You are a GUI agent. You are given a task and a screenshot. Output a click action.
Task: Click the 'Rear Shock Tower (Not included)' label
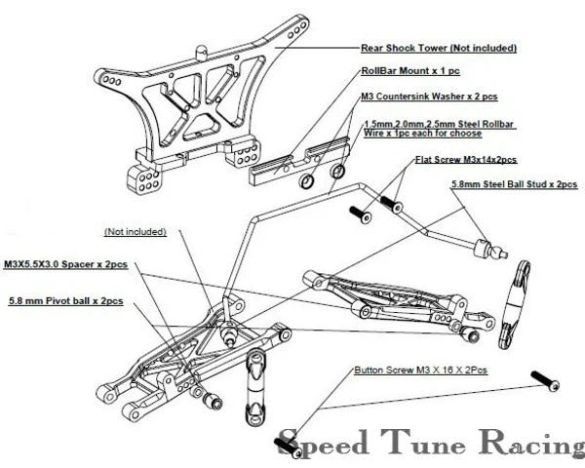[439, 48]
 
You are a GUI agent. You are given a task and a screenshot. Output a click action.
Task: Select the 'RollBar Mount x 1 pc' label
[410, 71]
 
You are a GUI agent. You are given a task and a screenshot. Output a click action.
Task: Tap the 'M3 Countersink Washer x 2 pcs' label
[429, 97]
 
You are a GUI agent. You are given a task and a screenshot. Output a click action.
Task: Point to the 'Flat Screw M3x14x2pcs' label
[466, 160]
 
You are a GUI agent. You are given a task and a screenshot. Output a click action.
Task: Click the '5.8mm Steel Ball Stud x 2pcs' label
[515, 184]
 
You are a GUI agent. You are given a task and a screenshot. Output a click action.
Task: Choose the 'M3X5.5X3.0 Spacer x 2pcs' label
[65, 264]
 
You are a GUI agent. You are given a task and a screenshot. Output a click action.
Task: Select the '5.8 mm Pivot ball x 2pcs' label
[65, 301]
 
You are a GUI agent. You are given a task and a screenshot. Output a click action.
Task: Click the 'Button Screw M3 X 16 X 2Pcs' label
[421, 370]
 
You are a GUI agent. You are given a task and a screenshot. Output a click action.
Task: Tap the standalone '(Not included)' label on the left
[136, 232]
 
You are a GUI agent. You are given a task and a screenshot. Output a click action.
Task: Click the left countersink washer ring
[305, 181]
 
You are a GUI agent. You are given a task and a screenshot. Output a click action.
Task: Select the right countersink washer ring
[337, 171]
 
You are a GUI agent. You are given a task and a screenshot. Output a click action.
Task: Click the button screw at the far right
[545, 380]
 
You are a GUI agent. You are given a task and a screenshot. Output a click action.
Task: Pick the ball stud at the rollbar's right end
[489, 249]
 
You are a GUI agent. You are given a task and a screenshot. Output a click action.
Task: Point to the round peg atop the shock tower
[202, 52]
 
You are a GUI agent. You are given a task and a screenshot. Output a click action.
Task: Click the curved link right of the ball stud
[515, 304]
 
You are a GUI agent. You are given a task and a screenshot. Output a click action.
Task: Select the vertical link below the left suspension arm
[256, 387]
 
